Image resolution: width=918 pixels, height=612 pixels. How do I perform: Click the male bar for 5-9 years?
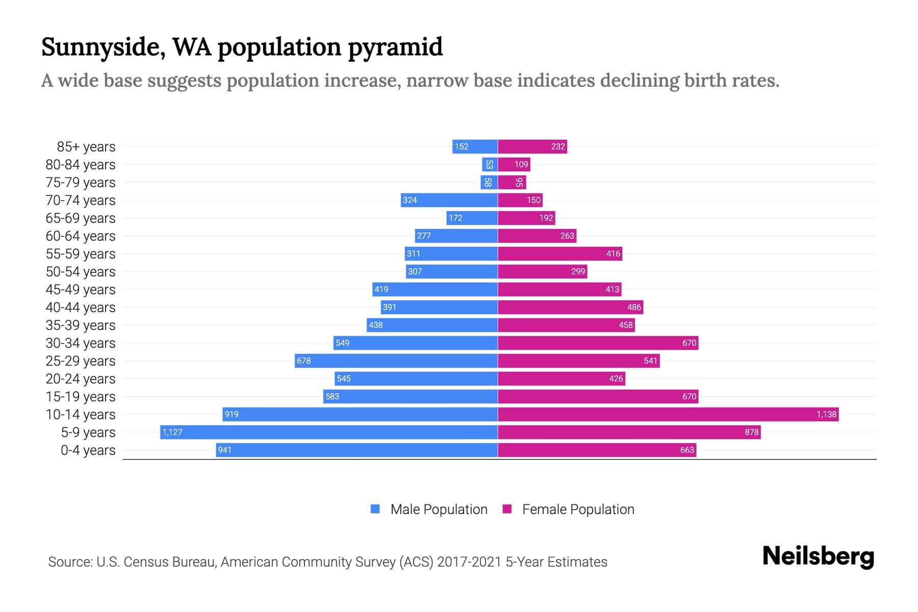[329, 432]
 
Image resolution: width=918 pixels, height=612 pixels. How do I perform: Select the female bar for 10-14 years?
[668, 415]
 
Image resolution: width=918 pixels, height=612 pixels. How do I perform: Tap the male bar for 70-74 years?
[449, 200]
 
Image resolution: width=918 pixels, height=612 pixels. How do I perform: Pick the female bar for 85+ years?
[532, 147]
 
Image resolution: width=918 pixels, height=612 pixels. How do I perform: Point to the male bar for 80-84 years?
[490, 165]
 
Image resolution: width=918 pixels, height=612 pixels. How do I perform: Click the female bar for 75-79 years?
[512, 183]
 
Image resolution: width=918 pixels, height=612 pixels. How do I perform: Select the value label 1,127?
[172, 432]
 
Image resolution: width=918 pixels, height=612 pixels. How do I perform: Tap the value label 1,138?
[826, 415]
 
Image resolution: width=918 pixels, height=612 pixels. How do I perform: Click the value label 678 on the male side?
[304, 361]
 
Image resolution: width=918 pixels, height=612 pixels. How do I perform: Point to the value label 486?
[634, 308]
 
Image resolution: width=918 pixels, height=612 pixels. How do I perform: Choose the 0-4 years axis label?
[88, 450]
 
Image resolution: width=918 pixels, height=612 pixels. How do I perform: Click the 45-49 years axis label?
[81, 290]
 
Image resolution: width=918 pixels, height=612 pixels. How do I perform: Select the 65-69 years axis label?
[81, 218]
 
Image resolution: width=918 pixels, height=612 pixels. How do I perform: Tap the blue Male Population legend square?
[375, 509]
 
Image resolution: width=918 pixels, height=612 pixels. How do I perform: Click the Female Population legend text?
[578, 509]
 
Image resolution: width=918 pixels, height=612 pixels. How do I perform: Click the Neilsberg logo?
[818, 556]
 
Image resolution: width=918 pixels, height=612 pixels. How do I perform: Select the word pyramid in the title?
[395, 47]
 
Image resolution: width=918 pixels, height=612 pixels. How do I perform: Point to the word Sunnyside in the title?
[103, 47]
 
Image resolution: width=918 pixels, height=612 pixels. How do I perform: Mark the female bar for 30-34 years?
[598, 343]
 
